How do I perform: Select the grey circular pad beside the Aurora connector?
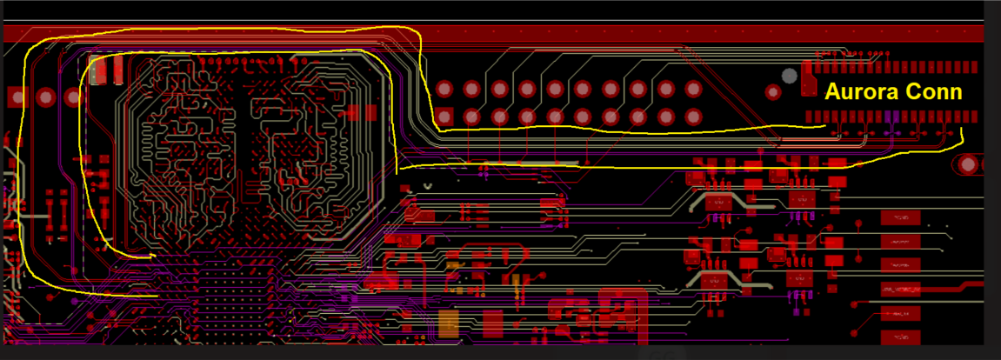(790, 76)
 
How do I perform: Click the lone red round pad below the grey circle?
(773, 92)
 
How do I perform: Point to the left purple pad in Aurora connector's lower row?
(887, 117)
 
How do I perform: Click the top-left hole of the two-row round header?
(444, 89)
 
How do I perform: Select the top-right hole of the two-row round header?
(693, 89)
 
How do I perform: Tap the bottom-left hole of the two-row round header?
(444, 116)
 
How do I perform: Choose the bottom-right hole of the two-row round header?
(693, 116)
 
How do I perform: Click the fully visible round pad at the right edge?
(967, 163)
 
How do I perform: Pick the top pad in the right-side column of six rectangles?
(899, 217)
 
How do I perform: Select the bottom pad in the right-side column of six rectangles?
(899, 337)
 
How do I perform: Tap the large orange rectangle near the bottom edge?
(448, 323)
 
